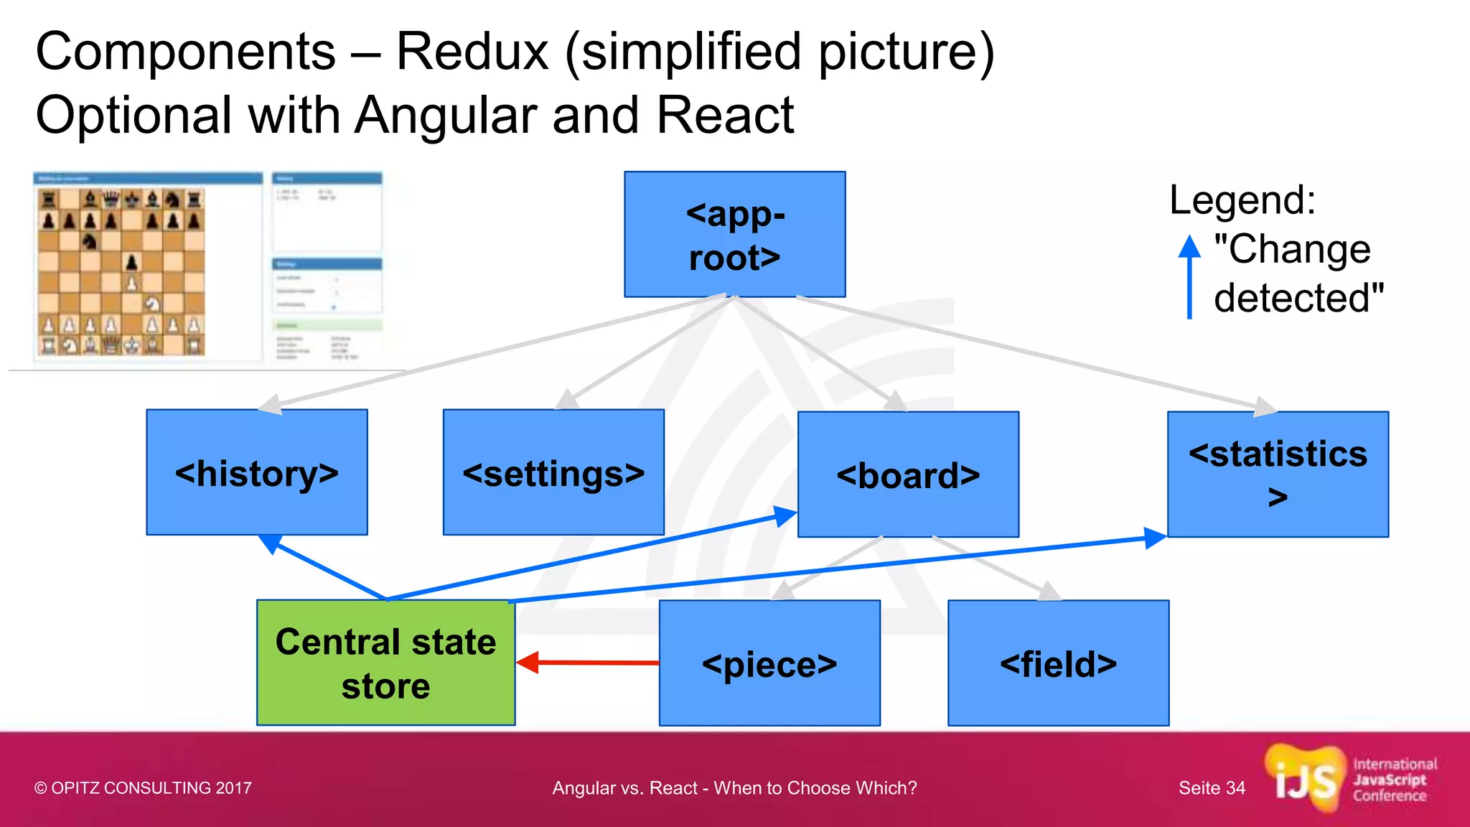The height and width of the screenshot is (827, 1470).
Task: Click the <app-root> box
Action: pyautogui.click(x=734, y=234)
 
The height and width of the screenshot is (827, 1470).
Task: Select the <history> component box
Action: pyautogui.click(x=256, y=472)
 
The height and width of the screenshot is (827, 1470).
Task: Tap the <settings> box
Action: pyautogui.click(x=553, y=472)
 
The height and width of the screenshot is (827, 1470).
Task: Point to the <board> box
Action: pyautogui.click(x=908, y=474)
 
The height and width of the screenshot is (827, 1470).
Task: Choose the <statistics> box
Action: pyautogui.click(x=1278, y=474)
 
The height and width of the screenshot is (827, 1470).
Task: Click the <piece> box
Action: pyautogui.click(x=769, y=663)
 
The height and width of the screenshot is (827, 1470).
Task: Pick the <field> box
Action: pyautogui.click(x=1058, y=663)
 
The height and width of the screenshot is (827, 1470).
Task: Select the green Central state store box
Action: pyautogui.click(x=385, y=663)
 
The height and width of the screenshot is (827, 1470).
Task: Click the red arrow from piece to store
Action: pyautogui.click(x=589, y=662)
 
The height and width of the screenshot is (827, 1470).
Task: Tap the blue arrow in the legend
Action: pyautogui.click(x=1189, y=276)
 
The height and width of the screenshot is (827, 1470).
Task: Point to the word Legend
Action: pyautogui.click(x=1242, y=200)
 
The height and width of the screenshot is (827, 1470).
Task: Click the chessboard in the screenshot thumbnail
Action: pyautogui.click(x=121, y=272)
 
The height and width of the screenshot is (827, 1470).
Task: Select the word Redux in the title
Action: pyautogui.click(x=472, y=52)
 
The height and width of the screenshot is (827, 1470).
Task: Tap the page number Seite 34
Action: pyautogui.click(x=1212, y=788)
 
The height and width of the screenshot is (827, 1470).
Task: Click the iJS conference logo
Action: pyautogui.click(x=1349, y=780)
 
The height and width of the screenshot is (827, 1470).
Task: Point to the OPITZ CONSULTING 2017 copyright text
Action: pyautogui.click(x=143, y=788)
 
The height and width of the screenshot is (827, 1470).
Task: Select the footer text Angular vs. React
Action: pyautogui.click(x=734, y=788)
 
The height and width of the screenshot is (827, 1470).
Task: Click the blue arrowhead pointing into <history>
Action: pyautogui.click(x=270, y=542)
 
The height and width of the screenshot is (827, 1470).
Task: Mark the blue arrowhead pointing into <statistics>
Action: pyautogui.click(x=1153, y=538)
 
